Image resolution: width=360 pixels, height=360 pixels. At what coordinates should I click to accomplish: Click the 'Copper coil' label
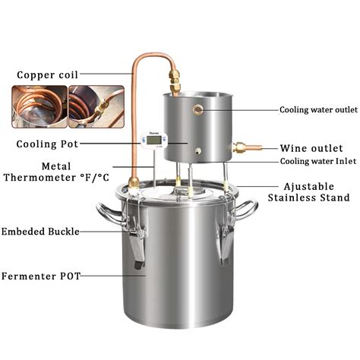click(46, 75)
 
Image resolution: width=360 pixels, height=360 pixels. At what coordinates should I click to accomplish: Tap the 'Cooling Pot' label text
click(45, 144)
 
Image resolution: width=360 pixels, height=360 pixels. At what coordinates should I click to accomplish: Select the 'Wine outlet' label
click(311, 148)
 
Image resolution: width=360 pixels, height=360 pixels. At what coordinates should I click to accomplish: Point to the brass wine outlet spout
click(248, 148)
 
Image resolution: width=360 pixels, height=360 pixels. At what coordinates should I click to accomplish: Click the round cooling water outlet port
click(198, 110)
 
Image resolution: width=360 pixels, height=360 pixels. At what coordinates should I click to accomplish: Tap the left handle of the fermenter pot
click(107, 210)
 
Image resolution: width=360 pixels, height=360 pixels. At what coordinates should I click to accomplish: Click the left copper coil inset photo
click(38, 106)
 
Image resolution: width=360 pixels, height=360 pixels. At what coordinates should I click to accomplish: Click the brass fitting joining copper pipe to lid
click(133, 182)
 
